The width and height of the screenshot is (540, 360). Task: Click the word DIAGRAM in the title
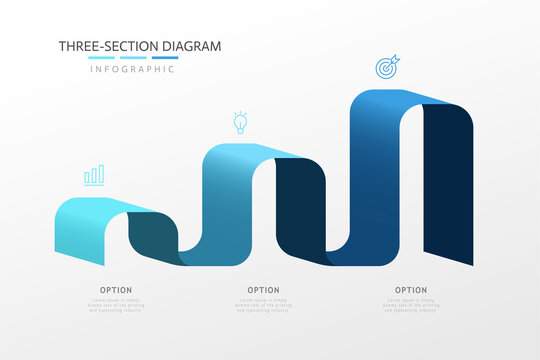pyautogui.click(x=189, y=46)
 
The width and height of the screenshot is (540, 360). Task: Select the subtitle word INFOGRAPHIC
pyautogui.click(x=133, y=69)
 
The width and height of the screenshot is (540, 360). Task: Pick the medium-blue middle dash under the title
pyautogui.click(x=134, y=58)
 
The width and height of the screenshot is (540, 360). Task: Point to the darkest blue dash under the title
pyautogui.click(x=164, y=58)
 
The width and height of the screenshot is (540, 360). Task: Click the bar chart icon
pyautogui.click(x=94, y=176)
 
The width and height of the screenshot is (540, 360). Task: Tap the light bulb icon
pyautogui.click(x=239, y=122)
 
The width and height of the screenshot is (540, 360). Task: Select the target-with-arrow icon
pyautogui.click(x=386, y=67)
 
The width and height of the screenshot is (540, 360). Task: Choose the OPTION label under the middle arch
pyautogui.click(x=263, y=290)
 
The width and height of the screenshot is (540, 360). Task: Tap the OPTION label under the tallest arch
pyautogui.click(x=410, y=290)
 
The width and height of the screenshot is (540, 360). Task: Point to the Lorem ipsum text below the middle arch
pyautogui.click(x=263, y=304)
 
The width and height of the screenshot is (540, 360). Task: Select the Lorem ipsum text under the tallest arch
pyautogui.click(x=410, y=304)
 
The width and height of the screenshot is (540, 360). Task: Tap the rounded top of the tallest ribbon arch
pyautogui.click(x=385, y=100)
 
